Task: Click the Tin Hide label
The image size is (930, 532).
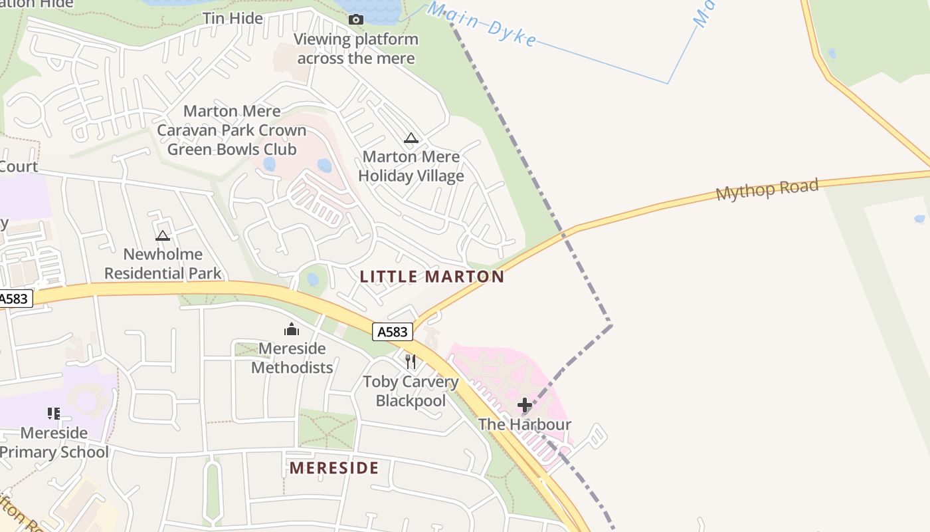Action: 232,18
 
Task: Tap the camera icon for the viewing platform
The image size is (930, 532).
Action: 356,19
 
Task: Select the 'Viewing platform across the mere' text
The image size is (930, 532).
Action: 356,49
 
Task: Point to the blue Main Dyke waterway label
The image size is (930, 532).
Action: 482,24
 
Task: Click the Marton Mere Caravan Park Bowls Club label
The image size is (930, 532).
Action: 231,130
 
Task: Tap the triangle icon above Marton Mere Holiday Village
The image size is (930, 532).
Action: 411,138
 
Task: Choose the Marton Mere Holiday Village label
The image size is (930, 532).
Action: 411,166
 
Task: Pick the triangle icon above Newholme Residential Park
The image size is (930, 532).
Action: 163,235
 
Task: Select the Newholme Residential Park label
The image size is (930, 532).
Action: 163,263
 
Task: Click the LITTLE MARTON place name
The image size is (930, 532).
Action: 432,277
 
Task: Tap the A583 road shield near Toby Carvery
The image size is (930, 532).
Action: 393,332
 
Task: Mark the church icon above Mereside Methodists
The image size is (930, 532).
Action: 292,329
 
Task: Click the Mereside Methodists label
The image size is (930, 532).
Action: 292,358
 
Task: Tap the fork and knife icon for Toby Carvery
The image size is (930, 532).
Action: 411,362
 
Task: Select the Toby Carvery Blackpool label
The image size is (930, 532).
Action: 411,391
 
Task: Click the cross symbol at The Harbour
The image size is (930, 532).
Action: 525,404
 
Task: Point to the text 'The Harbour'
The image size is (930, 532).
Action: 525,424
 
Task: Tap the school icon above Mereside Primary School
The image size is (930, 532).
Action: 54,414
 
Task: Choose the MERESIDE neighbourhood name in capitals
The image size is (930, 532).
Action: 334,468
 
